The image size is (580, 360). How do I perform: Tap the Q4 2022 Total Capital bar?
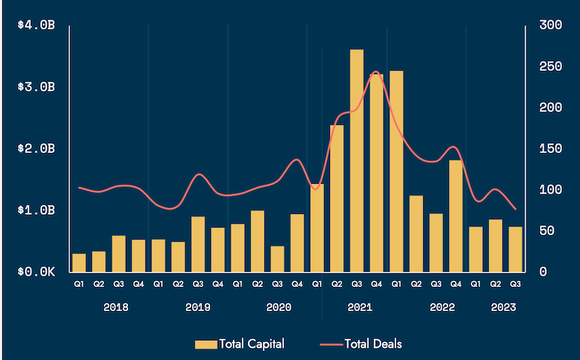point(456,215)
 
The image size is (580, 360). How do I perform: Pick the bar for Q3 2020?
point(277,258)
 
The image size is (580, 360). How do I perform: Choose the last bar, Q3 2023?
point(515,249)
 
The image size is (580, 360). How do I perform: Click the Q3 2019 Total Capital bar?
point(198,243)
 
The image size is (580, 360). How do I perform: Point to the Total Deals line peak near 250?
point(375,72)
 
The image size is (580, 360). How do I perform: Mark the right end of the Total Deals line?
point(515,209)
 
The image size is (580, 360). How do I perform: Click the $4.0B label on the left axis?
point(37,26)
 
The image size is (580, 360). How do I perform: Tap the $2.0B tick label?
point(37,148)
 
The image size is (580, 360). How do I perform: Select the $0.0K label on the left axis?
point(37,271)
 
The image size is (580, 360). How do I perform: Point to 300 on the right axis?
point(551,26)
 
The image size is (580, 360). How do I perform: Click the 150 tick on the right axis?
point(551,148)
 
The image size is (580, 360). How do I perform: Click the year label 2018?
point(115,307)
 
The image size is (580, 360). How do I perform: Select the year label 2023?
point(503,307)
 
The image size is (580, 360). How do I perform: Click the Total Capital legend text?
point(252,344)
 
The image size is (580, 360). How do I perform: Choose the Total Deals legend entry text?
point(373,344)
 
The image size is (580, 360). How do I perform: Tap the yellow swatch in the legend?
point(206,344)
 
